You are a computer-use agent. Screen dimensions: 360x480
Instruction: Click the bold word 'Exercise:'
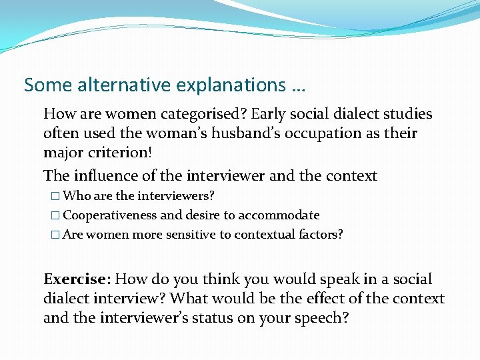pyautogui.click(x=75, y=279)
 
